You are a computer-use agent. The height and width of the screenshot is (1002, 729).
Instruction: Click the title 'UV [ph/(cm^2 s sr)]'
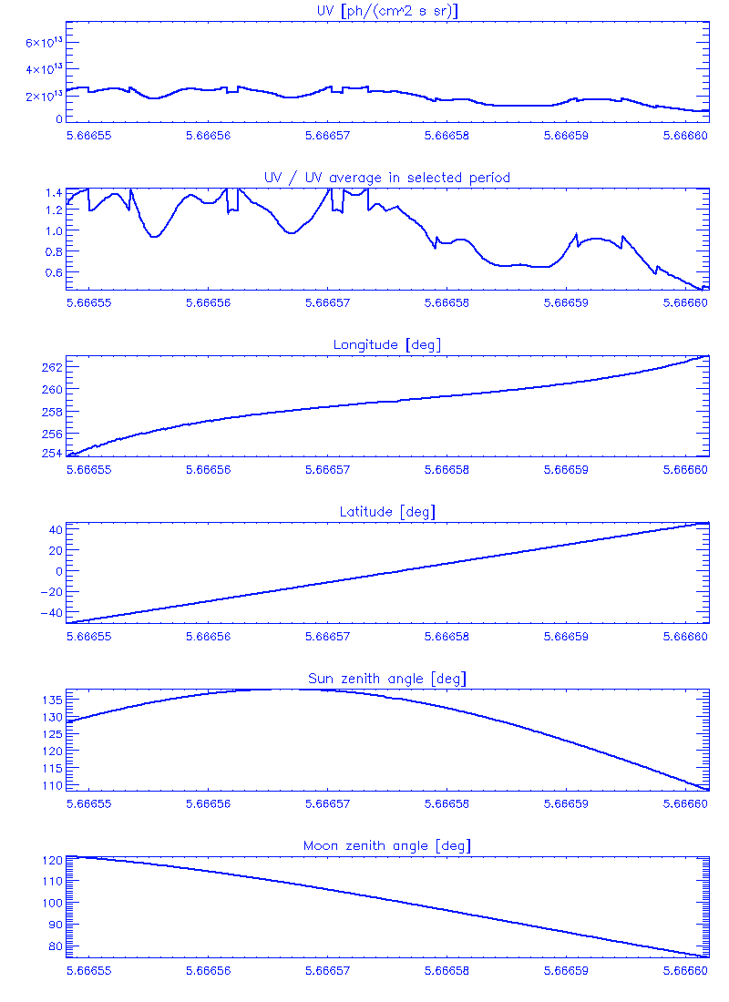click(386, 10)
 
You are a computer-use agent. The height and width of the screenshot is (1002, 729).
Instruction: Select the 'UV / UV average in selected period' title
click(386, 177)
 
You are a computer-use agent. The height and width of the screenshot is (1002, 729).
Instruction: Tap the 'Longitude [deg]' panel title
click(386, 344)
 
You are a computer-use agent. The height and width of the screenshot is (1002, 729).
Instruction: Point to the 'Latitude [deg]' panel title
click(386, 511)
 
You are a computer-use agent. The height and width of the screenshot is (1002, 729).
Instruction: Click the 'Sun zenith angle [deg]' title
click(386, 679)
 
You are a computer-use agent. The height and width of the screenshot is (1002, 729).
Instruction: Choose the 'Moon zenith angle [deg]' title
click(386, 845)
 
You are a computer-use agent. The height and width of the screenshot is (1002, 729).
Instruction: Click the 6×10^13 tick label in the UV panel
click(43, 43)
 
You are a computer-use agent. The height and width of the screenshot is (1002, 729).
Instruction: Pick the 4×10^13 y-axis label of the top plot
click(43, 69)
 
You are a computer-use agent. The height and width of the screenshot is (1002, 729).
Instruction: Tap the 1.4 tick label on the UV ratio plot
click(52, 193)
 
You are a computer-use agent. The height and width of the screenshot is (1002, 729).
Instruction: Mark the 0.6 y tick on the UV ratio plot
click(52, 272)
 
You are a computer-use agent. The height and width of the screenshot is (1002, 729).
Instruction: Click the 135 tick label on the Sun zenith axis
click(51, 700)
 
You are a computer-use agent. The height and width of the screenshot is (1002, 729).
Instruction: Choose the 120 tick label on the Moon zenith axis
click(51, 860)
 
